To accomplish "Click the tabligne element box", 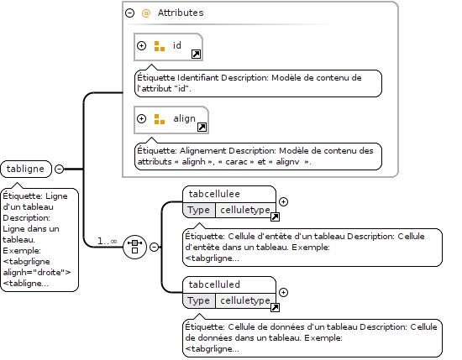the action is (26, 169).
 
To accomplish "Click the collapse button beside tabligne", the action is (60, 169).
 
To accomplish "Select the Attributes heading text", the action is (181, 13).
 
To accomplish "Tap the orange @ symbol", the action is (146, 13).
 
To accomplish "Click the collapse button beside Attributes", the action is (129, 13).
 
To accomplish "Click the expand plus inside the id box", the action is (141, 45).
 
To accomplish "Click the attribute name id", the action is (176, 45).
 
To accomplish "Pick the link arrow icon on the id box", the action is (197, 55).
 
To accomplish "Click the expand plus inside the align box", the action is (141, 118).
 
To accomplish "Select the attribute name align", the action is (185, 118).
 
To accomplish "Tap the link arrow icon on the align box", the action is (202, 128).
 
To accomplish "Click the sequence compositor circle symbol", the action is (134, 247).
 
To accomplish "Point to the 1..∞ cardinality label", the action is (108, 242).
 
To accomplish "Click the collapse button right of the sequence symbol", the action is (154, 247).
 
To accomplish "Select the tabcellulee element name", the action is (214, 194).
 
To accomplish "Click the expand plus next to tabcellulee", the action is (283, 201).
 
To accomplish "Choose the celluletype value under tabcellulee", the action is (245, 210).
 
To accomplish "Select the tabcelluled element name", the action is (214, 284).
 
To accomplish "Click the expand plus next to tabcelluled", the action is (283, 292).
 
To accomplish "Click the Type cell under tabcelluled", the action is (198, 300).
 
